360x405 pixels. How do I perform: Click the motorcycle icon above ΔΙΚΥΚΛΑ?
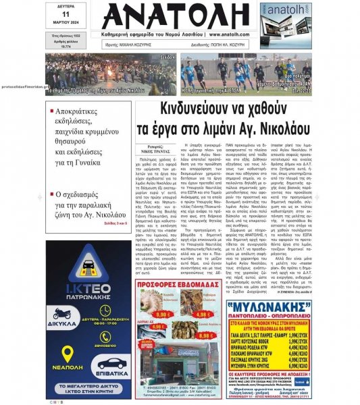(x=63, y=315)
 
